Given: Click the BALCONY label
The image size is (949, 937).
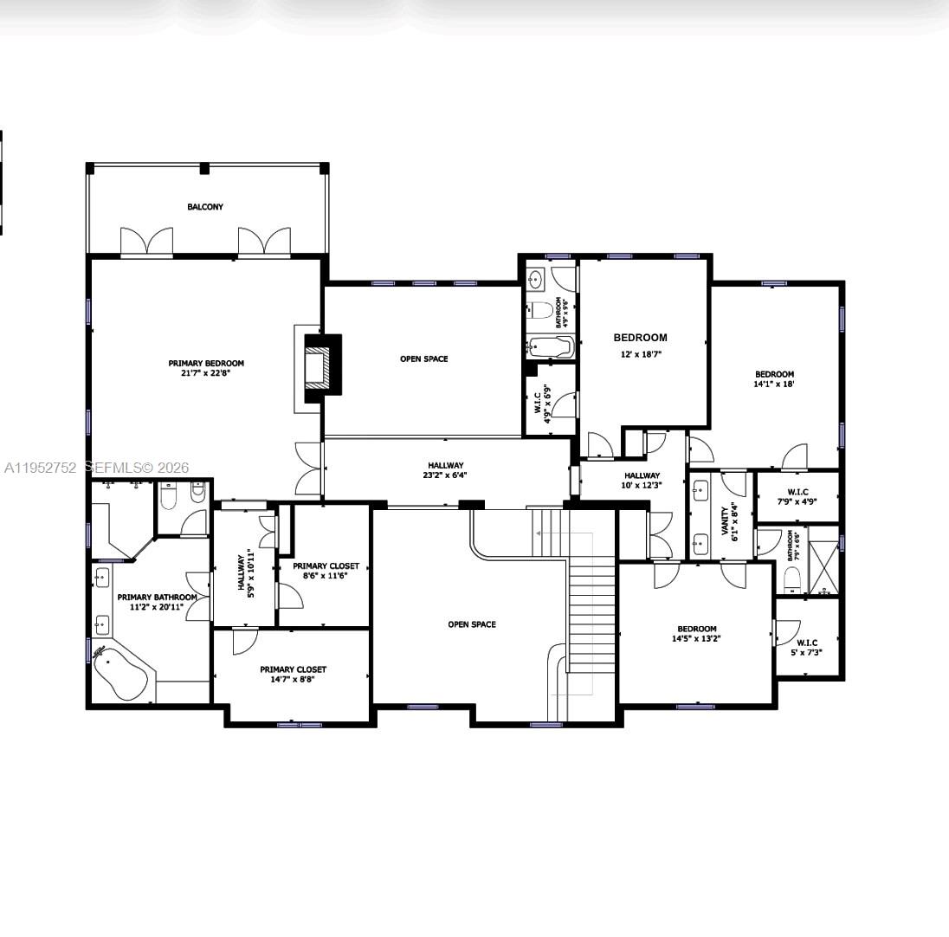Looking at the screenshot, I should tap(205, 207).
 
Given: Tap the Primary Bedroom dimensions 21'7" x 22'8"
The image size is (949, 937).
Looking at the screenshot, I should tap(206, 374).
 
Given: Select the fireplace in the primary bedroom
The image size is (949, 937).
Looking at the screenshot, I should tap(318, 370).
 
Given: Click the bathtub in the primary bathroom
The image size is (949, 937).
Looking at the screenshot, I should tap(120, 673).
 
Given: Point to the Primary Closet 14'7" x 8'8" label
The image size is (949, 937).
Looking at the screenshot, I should tap(293, 675).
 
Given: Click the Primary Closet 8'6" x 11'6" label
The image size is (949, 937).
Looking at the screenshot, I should tap(326, 571).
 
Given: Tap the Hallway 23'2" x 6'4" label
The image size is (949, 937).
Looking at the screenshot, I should tap(445, 470).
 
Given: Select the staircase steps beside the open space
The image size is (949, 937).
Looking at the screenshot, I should tap(591, 598).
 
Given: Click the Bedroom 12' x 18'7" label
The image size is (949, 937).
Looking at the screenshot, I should tap(641, 345).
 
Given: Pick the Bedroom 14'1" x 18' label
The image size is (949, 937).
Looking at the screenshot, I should tap(774, 378).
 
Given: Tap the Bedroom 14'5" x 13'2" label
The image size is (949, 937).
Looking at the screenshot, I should tap(697, 633).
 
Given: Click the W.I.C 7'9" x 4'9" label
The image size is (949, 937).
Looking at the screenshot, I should tap(797, 496).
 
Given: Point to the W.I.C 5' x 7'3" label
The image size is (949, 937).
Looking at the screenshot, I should tap(806, 647).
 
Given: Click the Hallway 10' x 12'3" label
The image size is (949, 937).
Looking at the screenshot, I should tap(642, 480).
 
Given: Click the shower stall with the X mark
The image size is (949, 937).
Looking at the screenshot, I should tap(823, 565).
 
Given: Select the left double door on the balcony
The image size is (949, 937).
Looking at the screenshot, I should tap(145, 242).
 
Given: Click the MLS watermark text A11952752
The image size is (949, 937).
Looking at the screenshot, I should tap(41, 468).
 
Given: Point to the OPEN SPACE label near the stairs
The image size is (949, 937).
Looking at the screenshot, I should tap(472, 624).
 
